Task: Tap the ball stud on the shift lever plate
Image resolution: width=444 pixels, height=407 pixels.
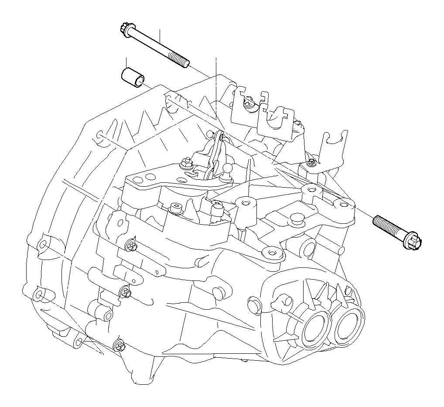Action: pyautogui.click(x=227, y=168)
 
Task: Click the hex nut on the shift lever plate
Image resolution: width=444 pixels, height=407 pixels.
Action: pyautogui.click(x=185, y=164)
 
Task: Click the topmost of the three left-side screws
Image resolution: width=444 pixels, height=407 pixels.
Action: pyautogui.click(x=130, y=246)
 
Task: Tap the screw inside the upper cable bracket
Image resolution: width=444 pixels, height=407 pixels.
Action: pyautogui.click(x=249, y=104)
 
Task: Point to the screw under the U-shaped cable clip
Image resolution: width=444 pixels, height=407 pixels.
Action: pyautogui.click(x=311, y=163)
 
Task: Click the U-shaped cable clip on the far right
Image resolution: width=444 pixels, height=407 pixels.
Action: pyautogui.click(x=336, y=144)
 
